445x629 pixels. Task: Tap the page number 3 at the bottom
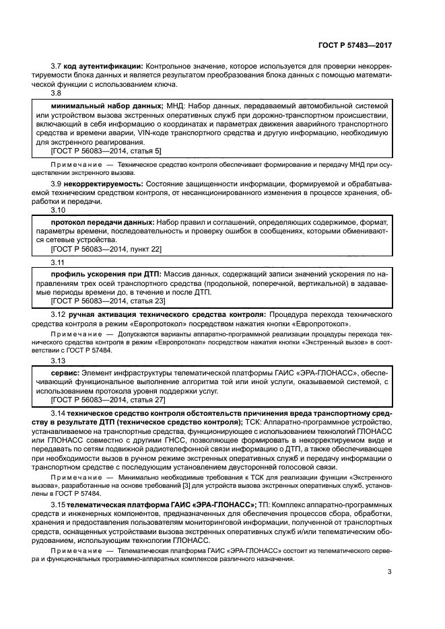(390, 572)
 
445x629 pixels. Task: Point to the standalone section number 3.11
(59, 262)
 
